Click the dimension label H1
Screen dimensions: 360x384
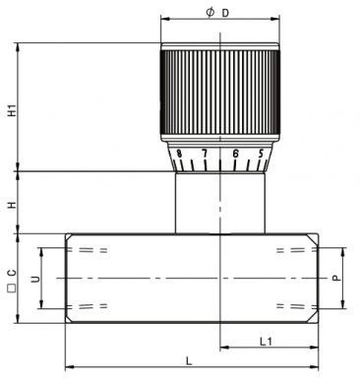(x=12, y=110)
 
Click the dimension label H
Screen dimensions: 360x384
(x=12, y=205)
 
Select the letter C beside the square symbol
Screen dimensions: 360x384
(x=12, y=273)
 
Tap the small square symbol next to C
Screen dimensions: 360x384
(x=12, y=288)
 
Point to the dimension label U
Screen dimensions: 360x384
(x=35, y=279)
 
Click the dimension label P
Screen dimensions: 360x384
(x=336, y=279)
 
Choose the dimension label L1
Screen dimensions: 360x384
(x=266, y=342)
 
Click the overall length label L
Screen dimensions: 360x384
(x=189, y=361)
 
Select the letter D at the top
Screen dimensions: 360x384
(x=225, y=13)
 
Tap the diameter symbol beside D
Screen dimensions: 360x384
(x=210, y=13)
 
